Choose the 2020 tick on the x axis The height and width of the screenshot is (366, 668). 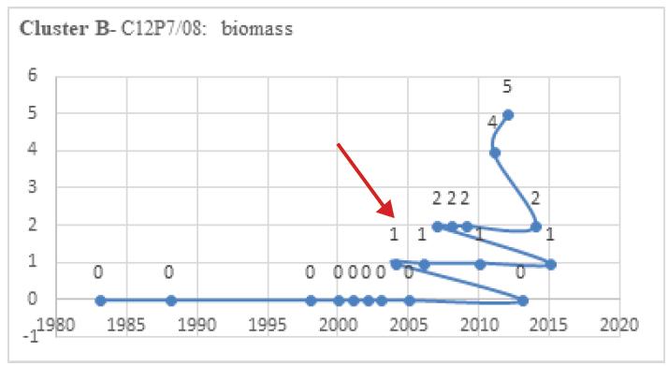[619, 326]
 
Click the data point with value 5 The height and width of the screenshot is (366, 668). [508, 115]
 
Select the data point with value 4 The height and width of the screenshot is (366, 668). [495, 153]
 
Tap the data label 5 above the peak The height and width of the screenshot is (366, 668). [507, 87]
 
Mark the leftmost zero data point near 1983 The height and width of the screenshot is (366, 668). [100, 300]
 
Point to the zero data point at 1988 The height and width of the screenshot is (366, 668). [170, 300]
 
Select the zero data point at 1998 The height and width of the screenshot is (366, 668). [311, 300]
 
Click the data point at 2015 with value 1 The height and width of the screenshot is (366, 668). [551, 264]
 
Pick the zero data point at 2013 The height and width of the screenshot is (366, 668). [523, 300]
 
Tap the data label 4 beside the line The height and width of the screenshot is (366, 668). [492, 122]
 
